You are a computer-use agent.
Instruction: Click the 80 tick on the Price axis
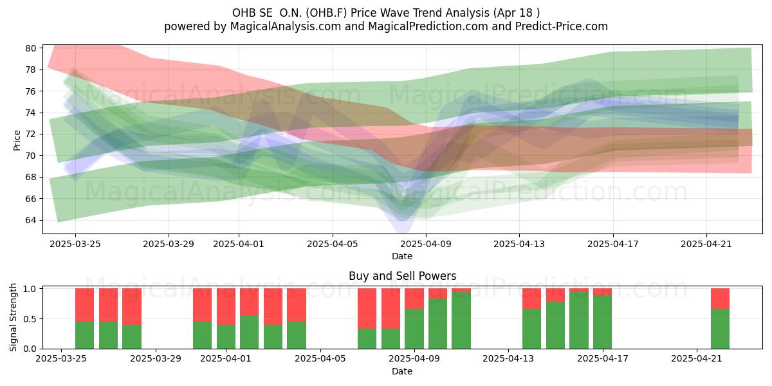click(30, 48)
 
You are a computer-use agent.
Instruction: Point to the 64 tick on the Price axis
click(30, 220)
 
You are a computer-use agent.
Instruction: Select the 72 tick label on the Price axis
click(30, 134)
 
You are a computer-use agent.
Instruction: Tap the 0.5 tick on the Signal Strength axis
click(30, 319)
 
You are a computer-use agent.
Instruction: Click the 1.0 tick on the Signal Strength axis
click(30, 289)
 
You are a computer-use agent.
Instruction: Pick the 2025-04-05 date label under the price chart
click(333, 244)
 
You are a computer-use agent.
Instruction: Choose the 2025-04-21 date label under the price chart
click(706, 244)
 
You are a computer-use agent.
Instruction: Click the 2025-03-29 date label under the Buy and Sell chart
click(156, 358)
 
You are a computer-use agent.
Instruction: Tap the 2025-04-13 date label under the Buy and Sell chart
click(508, 358)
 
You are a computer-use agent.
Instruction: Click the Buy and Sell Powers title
click(402, 276)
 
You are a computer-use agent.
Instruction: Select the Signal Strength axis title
click(13, 317)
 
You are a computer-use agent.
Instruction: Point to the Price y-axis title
click(17, 140)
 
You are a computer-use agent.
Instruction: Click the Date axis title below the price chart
click(402, 256)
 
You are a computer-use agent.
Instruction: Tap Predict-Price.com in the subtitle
click(562, 26)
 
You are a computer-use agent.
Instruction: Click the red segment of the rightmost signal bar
click(720, 299)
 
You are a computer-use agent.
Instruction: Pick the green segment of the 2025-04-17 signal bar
click(602, 322)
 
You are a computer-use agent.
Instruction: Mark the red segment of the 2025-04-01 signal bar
click(226, 306)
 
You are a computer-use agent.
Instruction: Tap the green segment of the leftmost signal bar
click(84, 335)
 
